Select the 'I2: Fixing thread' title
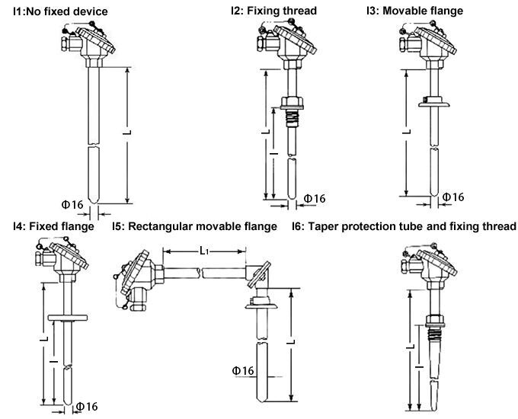(273, 11)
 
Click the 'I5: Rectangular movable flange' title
(195, 226)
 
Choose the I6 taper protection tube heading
(404, 226)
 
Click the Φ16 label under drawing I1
(72, 204)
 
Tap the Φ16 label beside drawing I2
(314, 199)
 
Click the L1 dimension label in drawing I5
(204, 250)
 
